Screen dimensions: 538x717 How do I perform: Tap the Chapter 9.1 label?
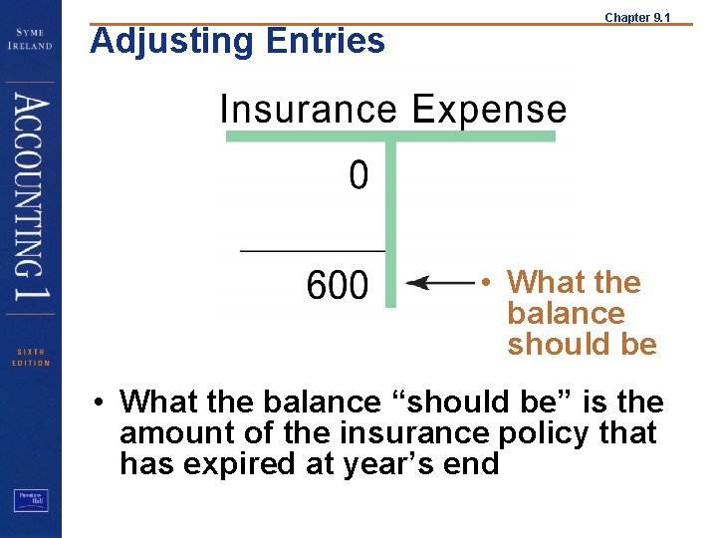(x=638, y=17)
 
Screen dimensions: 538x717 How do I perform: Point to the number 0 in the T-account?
(x=358, y=176)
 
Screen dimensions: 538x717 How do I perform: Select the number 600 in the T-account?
(x=337, y=287)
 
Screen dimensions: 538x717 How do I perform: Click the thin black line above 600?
(x=313, y=250)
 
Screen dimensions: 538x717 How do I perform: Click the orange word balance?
(x=566, y=314)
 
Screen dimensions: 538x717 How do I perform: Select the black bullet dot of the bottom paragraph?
(x=101, y=403)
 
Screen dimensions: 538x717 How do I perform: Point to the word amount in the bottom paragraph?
(x=167, y=433)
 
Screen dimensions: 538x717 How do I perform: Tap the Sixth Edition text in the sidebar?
(x=30, y=357)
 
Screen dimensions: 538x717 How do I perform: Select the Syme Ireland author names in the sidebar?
(x=32, y=39)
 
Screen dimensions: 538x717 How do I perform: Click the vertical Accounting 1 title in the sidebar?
(x=31, y=200)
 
